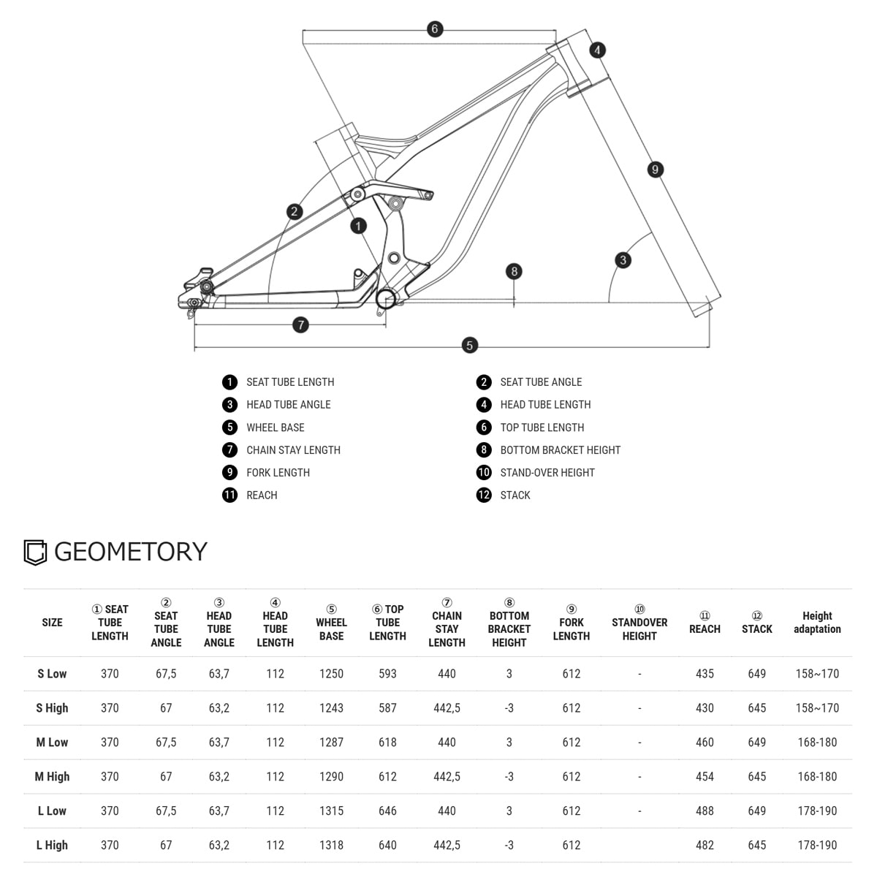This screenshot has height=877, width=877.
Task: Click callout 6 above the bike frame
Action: click(435, 29)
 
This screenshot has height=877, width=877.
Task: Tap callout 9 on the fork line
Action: click(656, 170)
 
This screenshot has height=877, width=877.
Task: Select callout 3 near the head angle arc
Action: click(623, 259)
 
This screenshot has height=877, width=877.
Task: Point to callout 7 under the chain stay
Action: click(300, 324)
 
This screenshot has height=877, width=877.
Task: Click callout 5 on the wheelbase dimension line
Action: click(470, 345)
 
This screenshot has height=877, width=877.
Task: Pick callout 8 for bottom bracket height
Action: click(515, 271)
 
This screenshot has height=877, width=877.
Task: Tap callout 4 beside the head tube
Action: click(598, 50)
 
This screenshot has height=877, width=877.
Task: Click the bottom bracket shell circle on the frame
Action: click(386, 298)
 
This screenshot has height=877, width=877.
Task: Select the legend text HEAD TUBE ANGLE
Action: click(288, 404)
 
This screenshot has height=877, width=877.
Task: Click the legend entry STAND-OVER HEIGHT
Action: click(547, 472)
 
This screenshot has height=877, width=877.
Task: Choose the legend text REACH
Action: click(262, 495)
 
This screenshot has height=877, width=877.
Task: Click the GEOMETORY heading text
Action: click(131, 551)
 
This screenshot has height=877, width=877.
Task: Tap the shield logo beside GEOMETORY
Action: click(35, 553)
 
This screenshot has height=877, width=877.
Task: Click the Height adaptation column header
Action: click(817, 622)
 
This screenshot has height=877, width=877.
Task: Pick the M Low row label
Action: click(52, 742)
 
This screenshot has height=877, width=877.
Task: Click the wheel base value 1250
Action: click(331, 673)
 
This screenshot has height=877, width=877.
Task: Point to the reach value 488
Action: click(705, 810)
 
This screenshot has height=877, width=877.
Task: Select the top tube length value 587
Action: click(387, 707)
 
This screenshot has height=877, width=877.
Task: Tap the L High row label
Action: click(52, 845)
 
